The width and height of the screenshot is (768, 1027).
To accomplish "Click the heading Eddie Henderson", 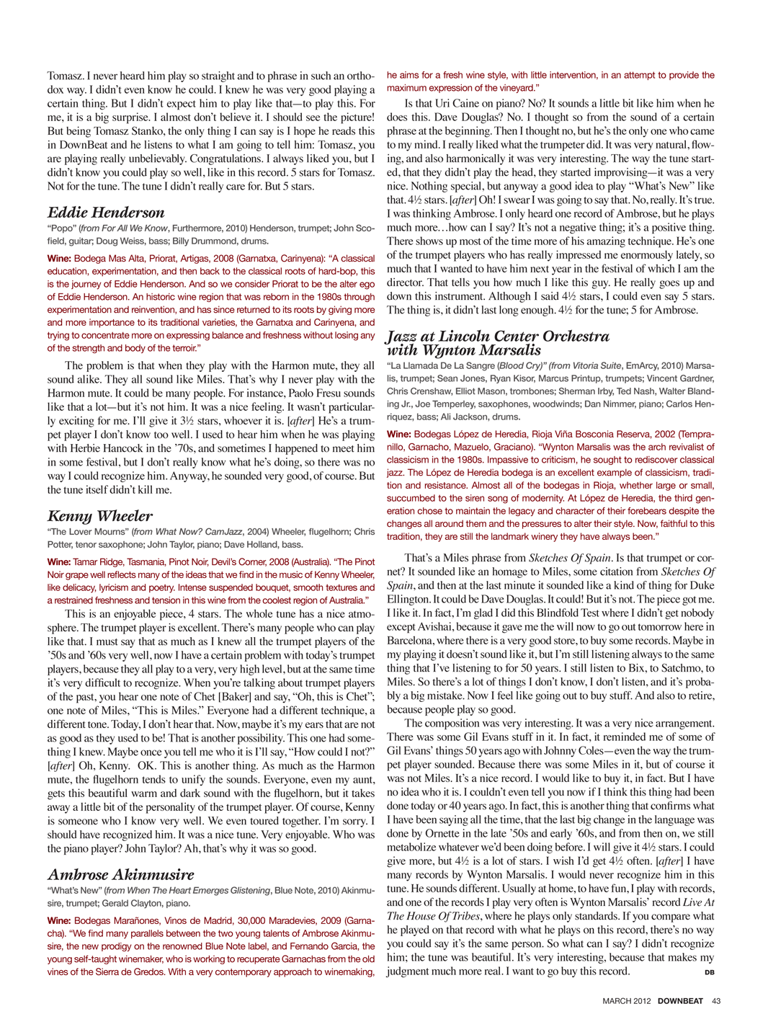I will click(x=106, y=213).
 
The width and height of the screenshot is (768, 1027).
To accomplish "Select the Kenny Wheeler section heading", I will click(x=100, y=516).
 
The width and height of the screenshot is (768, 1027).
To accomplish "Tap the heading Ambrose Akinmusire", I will click(x=121, y=875).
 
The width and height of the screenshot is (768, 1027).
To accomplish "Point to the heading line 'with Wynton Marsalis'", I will click(x=464, y=350).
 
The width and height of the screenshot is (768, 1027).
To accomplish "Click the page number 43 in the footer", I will click(x=716, y=1000).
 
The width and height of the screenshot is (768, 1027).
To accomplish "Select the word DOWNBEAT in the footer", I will click(x=680, y=1000).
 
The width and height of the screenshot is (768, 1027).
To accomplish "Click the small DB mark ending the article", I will click(x=710, y=972).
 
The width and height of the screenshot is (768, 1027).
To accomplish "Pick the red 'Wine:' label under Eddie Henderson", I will click(x=59, y=258).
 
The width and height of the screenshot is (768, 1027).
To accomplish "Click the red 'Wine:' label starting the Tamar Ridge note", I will click(x=59, y=561).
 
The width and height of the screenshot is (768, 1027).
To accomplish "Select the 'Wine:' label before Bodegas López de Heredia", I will click(x=398, y=434).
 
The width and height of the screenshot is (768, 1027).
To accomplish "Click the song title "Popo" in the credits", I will click(x=61, y=228).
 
